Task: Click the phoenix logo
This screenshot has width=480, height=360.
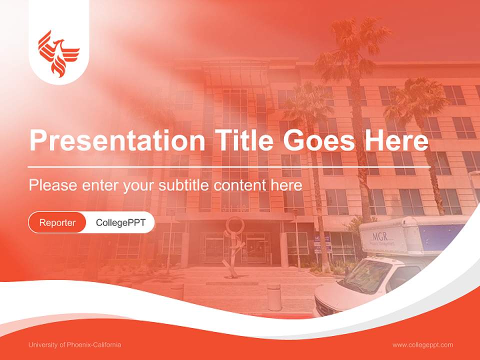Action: pos(58,53)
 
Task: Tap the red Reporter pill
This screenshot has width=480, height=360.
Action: pos(57,222)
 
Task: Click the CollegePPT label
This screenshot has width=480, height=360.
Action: pos(120,222)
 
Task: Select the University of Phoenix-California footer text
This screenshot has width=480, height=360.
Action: pos(75,345)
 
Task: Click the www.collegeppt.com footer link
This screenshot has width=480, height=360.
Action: pos(422,345)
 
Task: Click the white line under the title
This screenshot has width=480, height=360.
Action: pos(229,166)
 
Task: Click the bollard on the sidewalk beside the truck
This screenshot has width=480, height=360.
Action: pos(274,297)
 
